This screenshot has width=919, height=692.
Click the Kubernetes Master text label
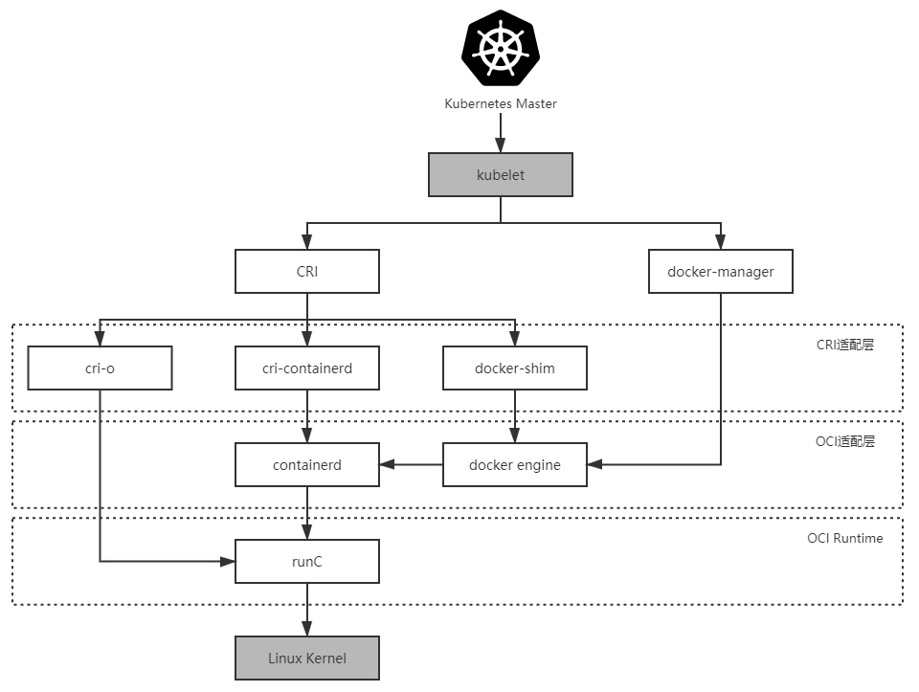(500, 103)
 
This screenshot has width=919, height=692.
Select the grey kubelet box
(500, 175)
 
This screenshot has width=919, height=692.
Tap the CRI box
(307, 272)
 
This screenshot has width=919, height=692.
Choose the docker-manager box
(721, 272)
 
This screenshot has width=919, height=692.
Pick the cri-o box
(100, 368)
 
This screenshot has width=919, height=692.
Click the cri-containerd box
(307, 368)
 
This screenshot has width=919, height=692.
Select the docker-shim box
(514, 368)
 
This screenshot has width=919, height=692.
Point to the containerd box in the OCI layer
(307, 465)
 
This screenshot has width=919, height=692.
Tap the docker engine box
(514, 465)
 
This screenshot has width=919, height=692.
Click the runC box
(307, 562)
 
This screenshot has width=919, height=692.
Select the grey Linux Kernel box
(307, 659)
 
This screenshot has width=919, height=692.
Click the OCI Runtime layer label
(844, 539)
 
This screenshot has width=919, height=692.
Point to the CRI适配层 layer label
(845, 346)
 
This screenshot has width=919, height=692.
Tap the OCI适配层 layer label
(845, 441)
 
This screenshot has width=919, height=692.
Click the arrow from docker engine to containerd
(411, 465)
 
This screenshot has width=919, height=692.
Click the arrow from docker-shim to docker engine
(514, 416)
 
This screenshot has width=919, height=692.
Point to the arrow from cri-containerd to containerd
(307, 416)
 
